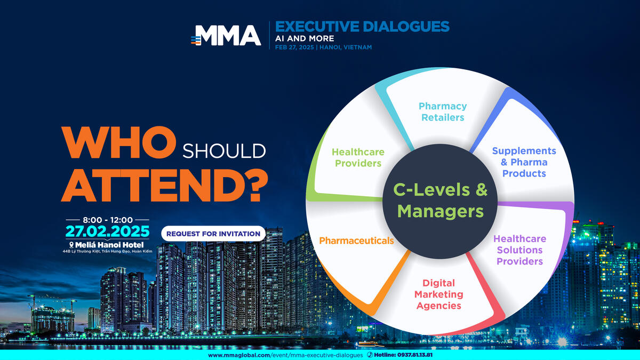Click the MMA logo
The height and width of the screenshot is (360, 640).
[x=226, y=35]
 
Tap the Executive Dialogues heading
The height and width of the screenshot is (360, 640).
[x=362, y=27]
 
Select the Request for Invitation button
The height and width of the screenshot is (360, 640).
[x=213, y=234]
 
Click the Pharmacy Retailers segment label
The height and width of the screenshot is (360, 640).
[x=443, y=111]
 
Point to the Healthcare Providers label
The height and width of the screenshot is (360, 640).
[x=358, y=157]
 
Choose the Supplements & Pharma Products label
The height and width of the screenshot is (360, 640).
[x=524, y=162]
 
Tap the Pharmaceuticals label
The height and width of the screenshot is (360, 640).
[x=356, y=241]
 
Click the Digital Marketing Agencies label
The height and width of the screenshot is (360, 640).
[x=438, y=294]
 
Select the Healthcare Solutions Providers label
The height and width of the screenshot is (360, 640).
[x=519, y=250]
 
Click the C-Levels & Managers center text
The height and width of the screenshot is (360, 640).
[x=441, y=201]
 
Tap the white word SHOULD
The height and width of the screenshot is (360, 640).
[x=225, y=151]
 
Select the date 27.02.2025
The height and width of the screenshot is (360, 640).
[x=107, y=231]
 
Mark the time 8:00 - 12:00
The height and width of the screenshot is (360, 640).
[x=108, y=220]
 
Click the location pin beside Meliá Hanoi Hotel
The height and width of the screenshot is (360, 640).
[x=71, y=245]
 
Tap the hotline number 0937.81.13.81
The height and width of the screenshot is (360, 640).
[x=414, y=355]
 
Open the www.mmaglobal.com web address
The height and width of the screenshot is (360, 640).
[x=285, y=355]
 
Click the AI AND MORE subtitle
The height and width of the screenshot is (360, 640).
[x=305, y=38]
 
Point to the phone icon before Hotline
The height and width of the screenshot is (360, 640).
[x=370, y=355]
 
